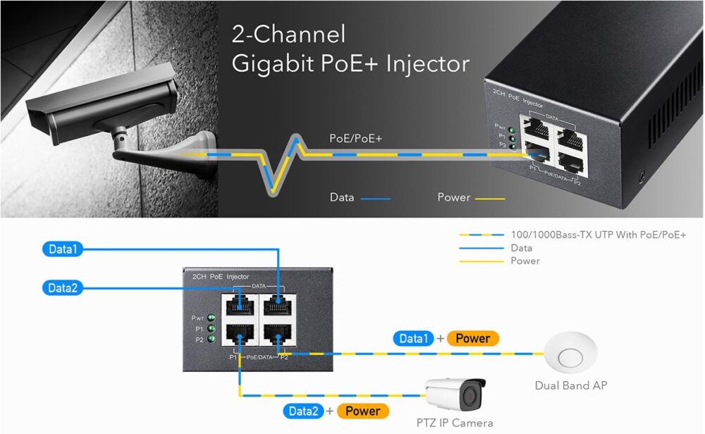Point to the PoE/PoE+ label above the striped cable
pos(356,139)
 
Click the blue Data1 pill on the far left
pos(63,249)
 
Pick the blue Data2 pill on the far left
pos(63,287)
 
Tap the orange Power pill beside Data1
pos(472,339)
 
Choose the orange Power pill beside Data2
pos(363,411)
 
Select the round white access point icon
pos(570,353)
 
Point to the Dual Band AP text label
pos(570,385)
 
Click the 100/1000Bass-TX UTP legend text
pos(598,235)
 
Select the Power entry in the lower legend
pos(525,261)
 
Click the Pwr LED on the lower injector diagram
pos(210,318)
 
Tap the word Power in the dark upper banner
pos(453,197)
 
